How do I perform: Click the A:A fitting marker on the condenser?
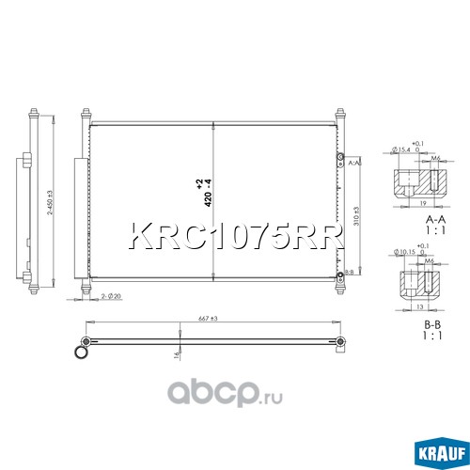tap(351, 163)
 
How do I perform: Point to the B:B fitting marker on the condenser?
tap(350, 272)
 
